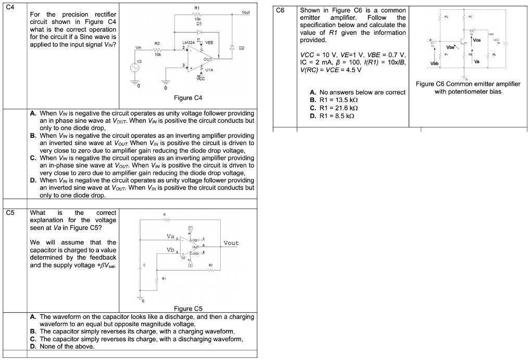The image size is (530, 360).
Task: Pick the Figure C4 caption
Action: (187, 98)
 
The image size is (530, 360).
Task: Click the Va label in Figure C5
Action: (170, 237)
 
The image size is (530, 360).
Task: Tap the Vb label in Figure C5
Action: (170, 250)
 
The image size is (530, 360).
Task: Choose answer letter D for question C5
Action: (33, 346)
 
